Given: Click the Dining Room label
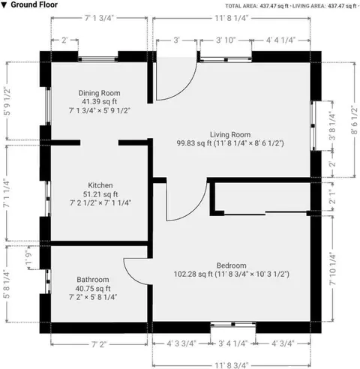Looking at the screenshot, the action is (x=99, y=93).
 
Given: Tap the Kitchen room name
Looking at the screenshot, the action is (x=100, y=185).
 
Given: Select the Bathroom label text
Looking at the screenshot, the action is (x=93, y=280).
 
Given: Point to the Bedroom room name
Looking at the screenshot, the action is (x=231, y=265).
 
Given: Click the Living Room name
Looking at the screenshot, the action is (x=230, y=135).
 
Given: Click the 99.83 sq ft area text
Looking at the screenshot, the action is (x=194, y=143).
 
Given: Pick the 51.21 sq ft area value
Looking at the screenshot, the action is (x=100, y=194).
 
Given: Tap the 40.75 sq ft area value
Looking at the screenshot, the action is (x=93, y=289).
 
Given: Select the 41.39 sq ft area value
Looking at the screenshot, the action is (x=99, y=102).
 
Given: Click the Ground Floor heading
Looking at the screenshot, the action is (x=34, y=4).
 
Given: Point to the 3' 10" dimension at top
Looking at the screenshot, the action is (x=226, y=40).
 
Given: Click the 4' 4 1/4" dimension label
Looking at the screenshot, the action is (x=280, y=40).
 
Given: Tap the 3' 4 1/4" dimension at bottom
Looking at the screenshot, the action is (x=232, y=343).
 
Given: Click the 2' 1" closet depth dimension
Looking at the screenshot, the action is (x=333, y=197).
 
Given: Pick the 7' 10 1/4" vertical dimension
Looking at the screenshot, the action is (x=333, y=268).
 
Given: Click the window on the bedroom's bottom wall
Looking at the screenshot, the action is (x=233, y=324).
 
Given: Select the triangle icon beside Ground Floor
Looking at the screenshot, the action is (x=4, y=5).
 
